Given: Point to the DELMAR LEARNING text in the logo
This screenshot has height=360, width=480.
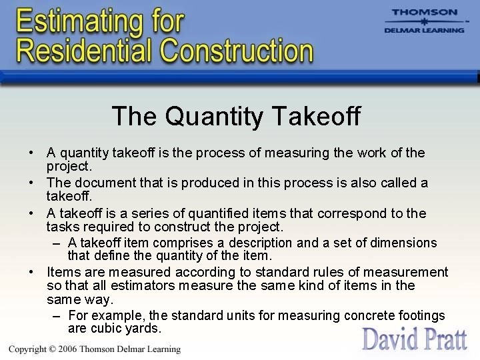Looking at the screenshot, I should (x=425, y=30).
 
